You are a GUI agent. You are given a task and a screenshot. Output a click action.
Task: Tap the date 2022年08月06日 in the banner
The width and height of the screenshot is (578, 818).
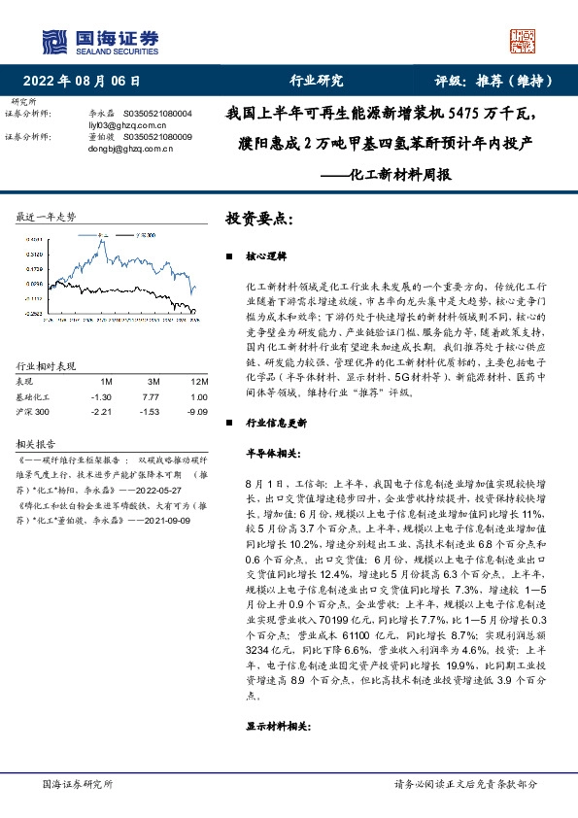click(x=87, y=81)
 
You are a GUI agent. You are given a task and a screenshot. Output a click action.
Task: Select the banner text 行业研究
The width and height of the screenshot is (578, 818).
click(x=317, y=81)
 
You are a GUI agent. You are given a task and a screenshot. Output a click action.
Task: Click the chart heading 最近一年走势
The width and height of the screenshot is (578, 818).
click(x=47, y=216)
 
